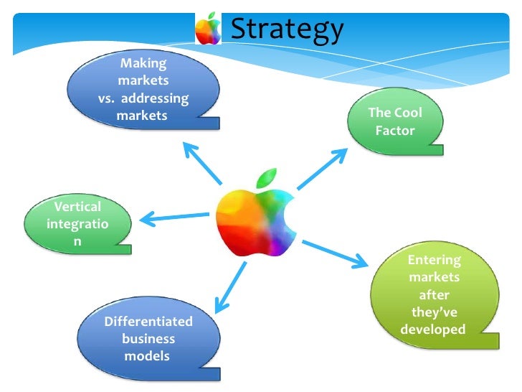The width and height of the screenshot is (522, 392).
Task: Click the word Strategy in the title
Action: click(x=287, y=29)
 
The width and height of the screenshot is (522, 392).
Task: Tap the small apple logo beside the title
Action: click(x=209, y=29)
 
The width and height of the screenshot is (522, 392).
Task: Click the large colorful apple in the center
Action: click(x=254, y=218)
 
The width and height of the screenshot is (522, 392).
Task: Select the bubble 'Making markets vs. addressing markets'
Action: click(x=143, y=90)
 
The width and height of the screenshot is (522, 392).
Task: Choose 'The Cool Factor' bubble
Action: click(x=394, y=122)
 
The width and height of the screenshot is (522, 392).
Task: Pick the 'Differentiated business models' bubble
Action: click(x=148, y=337)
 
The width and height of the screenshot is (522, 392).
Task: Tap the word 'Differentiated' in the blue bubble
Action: click(x=148, y=321)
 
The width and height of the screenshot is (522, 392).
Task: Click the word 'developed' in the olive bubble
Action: click(x=432, y=330)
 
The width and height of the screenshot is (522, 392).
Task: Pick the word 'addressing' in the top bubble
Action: click(x=159, y=98)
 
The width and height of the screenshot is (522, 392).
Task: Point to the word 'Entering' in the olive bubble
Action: click(x=434, y=260)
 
